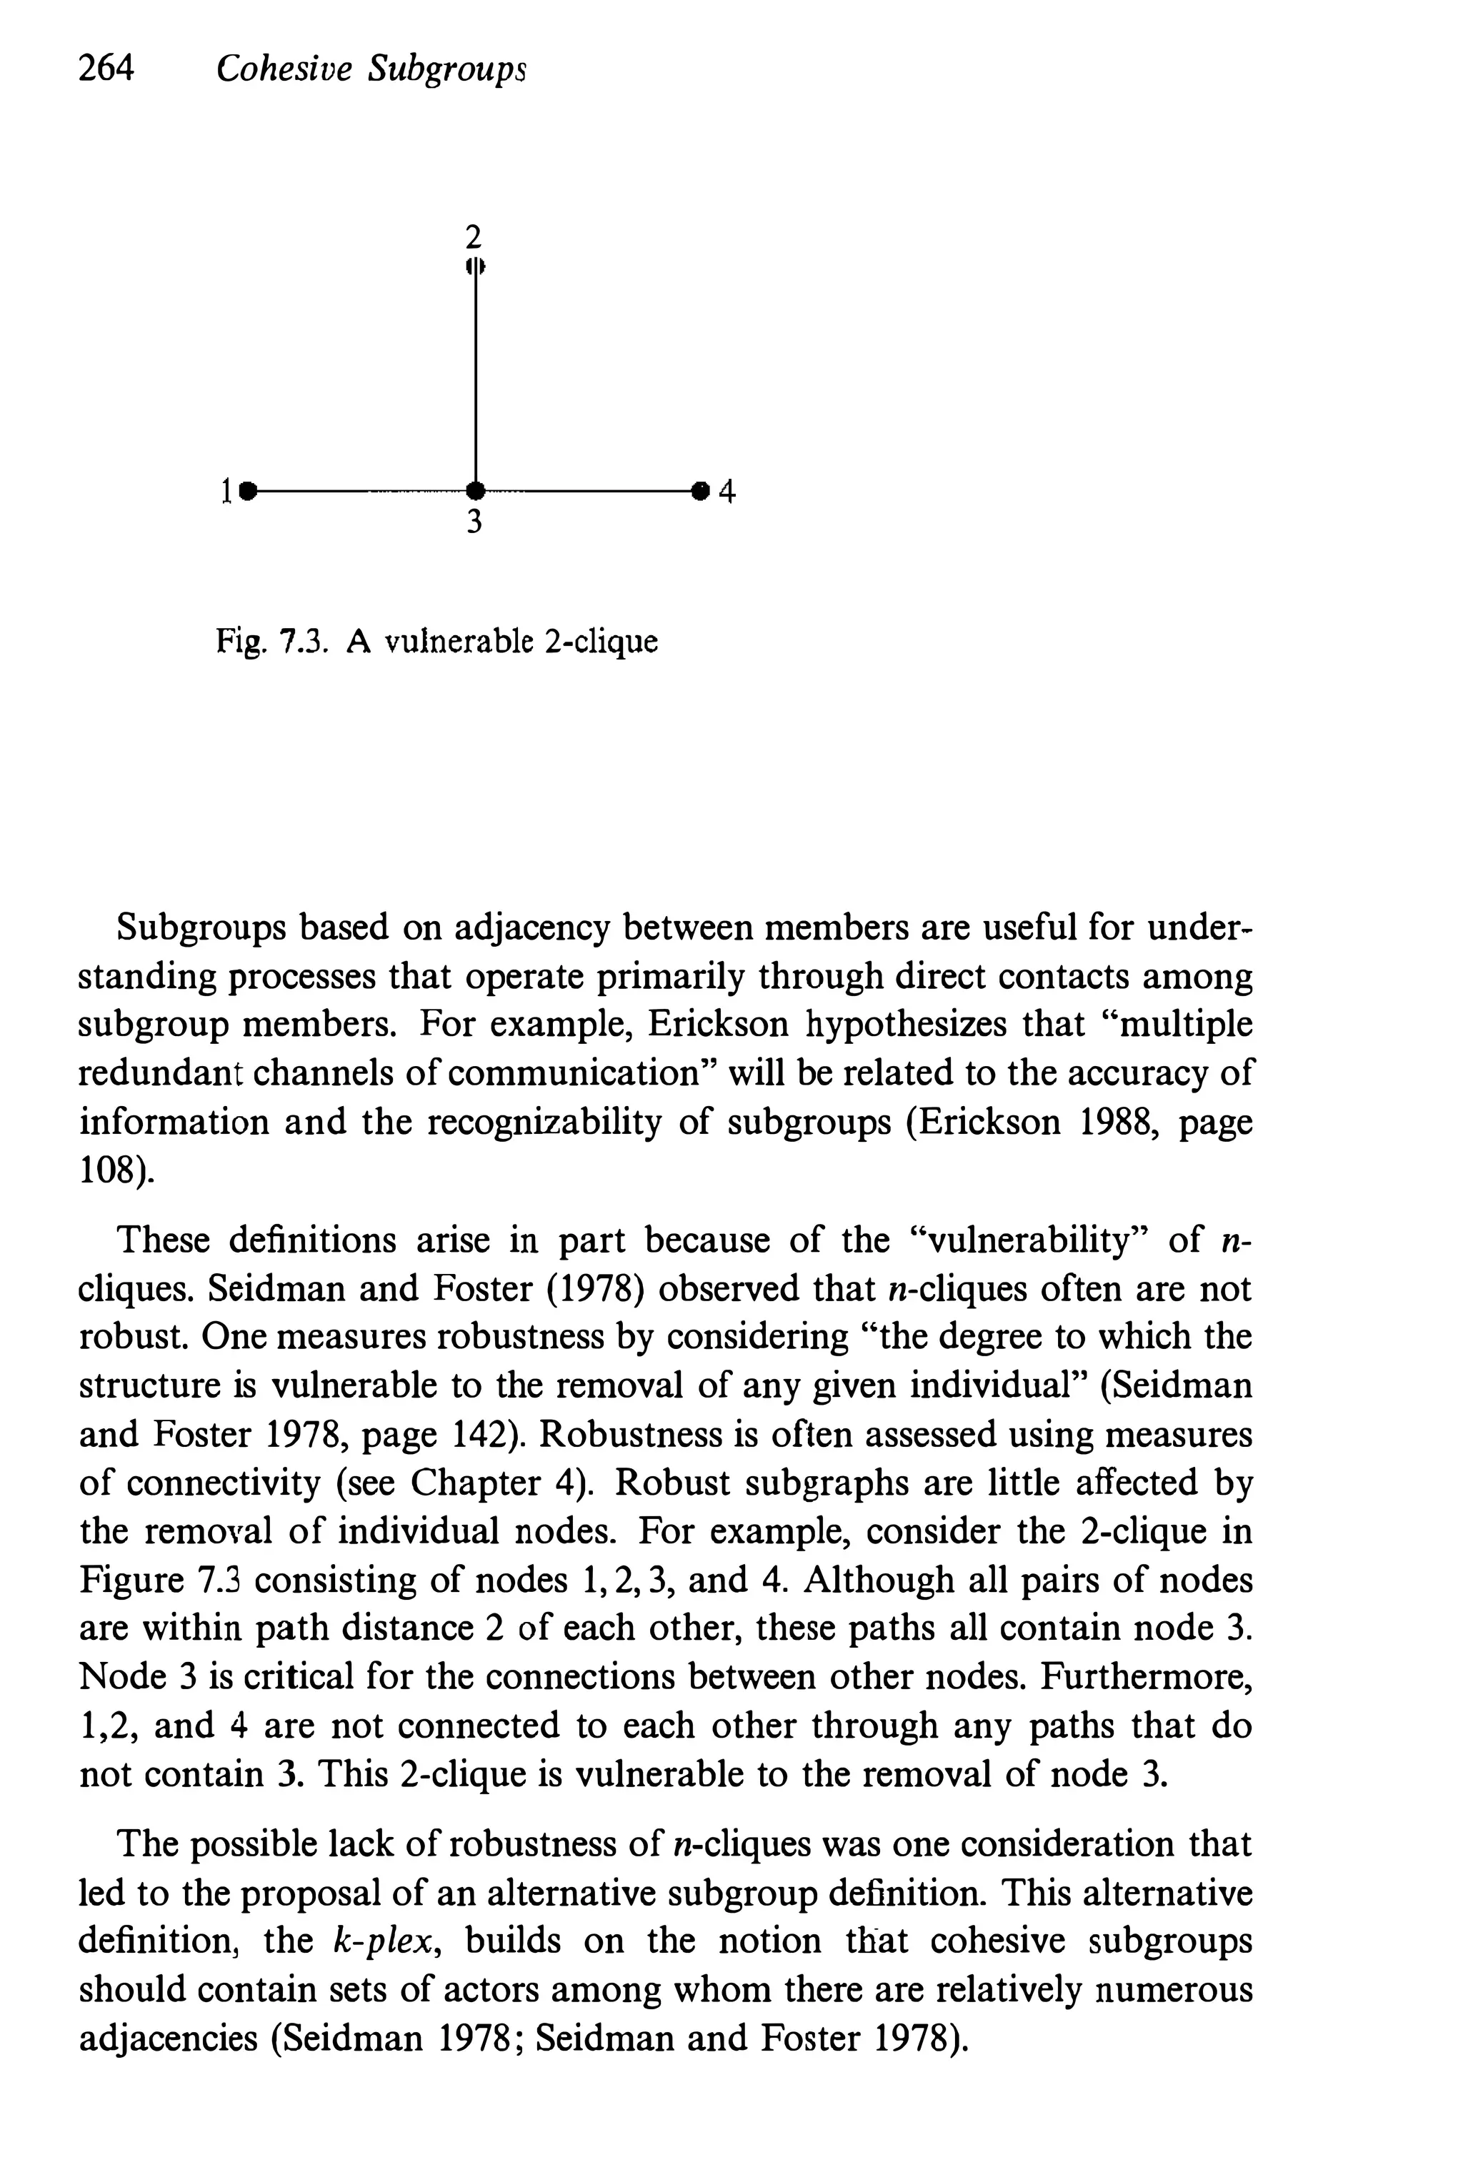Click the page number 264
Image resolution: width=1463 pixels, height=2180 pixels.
pos(106,68)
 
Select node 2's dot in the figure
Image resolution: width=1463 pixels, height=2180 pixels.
pos(476,266)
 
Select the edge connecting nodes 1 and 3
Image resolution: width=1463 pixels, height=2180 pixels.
pos(359,490)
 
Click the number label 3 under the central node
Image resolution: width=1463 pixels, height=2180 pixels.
pos(474,522)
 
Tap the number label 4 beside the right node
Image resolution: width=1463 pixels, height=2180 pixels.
pos(728,491)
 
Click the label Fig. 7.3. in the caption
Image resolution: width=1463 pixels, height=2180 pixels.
pos(271,642)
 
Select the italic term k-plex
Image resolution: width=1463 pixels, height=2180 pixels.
pos(384,1942)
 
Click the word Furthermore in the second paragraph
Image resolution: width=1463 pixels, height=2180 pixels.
pos(1146,1677)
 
